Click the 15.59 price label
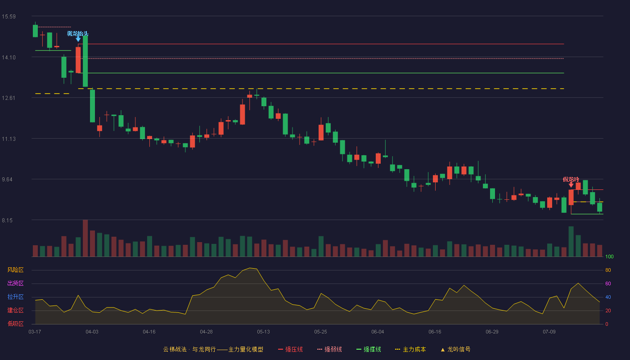click(9, 17)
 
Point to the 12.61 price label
click(9, 98)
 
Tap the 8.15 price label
click(7, 220)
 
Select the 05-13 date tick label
click(263, 332)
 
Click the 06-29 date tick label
click(492, 332)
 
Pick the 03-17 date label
click(35, 332)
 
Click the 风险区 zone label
click(15, 270)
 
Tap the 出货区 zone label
click(15, 283)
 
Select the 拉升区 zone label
click(15, 297)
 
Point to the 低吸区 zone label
click(15, 324)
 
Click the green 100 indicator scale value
click(609, 256)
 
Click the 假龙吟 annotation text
click(571, 180)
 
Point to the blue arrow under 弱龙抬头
click(78, 39)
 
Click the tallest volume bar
click(85, 238)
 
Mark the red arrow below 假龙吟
click(571, 184)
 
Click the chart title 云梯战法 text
click(175, 349)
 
